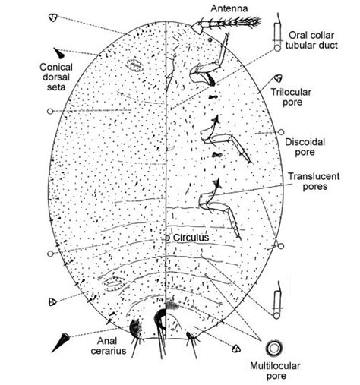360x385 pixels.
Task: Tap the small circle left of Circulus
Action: point(167,238)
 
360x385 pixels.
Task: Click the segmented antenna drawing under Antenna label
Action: point(232,26)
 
